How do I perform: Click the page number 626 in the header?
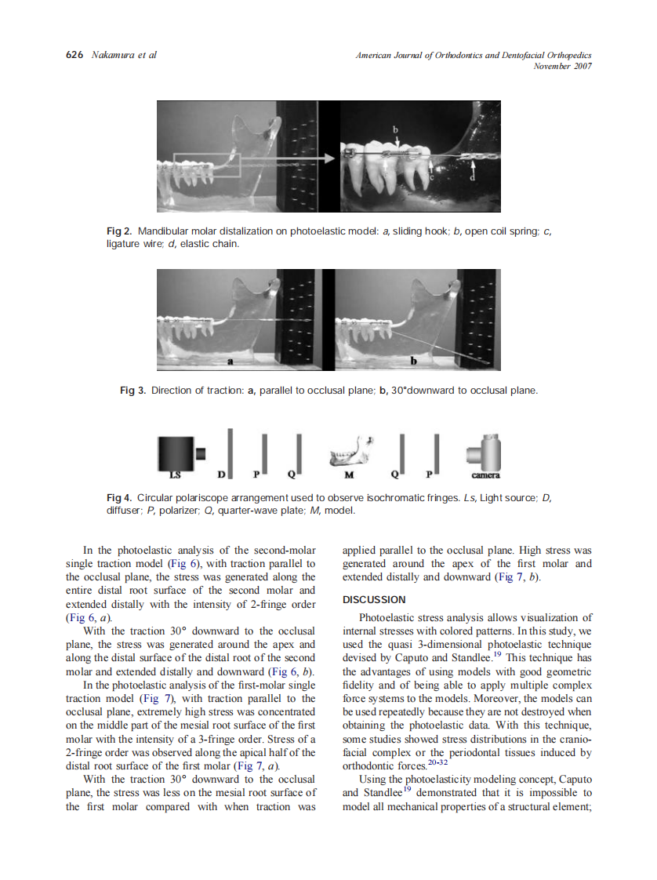pyautogui.click(x=74, y=55)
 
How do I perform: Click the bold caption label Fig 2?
pyautogui.click(x=118, y=232)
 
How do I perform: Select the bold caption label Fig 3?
pyautogui.click(x=132, y=390)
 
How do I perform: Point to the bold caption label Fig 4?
pyautogui.click(x=118, y=498)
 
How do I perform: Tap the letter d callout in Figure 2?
pyautogui.click(x=471, y=179)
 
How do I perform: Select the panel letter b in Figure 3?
pyautogui.click(x=413, y=362)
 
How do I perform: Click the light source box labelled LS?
pyautogui.click(x=174, y=453)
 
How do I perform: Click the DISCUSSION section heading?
pyautogui.click(x=374, y=600)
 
